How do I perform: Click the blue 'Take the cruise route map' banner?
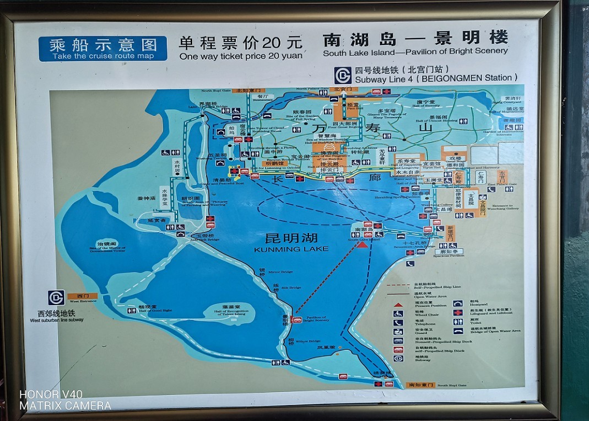click(x=103, y=49)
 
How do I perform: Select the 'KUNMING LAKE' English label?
click(x=291, y=249)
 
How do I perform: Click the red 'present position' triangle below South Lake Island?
click(x=362, y=243)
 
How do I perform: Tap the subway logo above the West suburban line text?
click(x=56, y=297)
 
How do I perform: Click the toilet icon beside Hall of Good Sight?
click(x=132, y=311)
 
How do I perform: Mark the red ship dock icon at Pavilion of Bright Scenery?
click(x=297, y=319)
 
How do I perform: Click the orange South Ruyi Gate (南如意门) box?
click(x=420, y=385)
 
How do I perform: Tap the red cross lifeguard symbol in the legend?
click(x=457, y=312)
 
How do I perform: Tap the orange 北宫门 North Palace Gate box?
click(x=342, y=90)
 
